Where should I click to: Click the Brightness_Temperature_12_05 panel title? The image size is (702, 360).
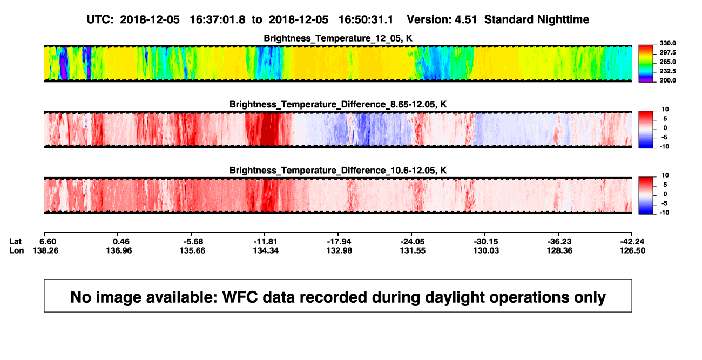338,38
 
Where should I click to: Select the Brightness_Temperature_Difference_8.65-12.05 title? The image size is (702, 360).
338,104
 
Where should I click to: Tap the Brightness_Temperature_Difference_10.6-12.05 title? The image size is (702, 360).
338,171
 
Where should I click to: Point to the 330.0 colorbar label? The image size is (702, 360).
667,43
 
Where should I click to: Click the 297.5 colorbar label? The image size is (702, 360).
667,52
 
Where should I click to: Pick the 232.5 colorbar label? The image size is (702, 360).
667,71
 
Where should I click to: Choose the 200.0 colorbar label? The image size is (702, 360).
667,80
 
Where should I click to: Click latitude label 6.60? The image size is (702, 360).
48,242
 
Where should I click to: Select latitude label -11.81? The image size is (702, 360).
266,242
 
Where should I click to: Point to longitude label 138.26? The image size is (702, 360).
45,250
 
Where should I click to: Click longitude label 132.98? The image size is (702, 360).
340,250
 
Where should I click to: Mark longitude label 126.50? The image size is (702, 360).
632,250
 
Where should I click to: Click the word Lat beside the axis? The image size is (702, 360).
15,242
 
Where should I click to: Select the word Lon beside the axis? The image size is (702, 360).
17,250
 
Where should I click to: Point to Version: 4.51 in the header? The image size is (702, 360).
442,19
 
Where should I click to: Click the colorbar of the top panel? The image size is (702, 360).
646,64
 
